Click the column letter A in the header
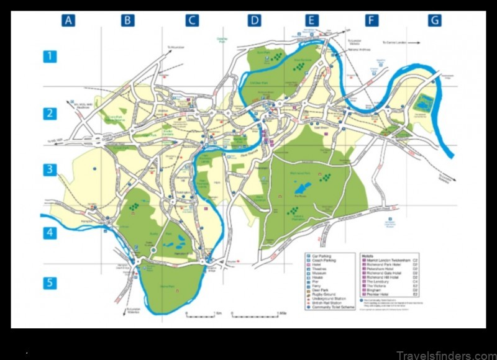tap(68, 20)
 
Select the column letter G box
tap(434, 20)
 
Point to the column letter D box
tap(254, 20)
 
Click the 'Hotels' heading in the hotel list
tap(368, 255)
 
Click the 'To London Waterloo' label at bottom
tap(133, 312)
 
